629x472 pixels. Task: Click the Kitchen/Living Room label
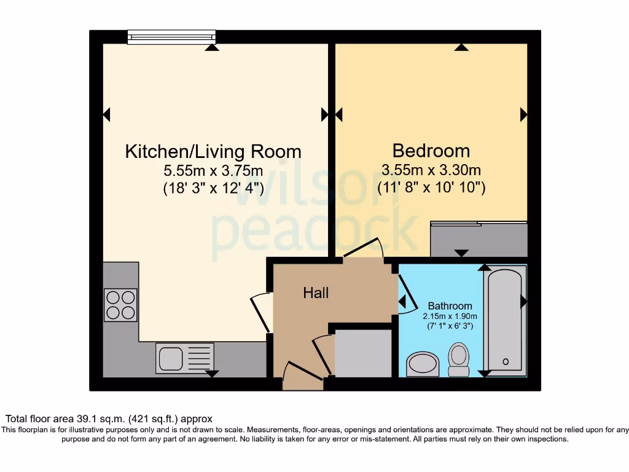tap(213, 151)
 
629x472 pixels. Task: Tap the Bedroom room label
tap(431, 151)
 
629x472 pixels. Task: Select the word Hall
tap(316, 293)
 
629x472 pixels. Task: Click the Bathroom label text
tap(450, 305)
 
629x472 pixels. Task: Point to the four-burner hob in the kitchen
tap(120, 305)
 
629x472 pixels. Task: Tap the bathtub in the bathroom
tap(505, 320)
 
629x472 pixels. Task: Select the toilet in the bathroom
tap(458, 360)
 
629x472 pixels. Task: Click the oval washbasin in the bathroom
tap(423, 364)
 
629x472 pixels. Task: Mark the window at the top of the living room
tap(171, 37)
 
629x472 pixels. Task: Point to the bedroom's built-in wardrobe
tap(479, 239)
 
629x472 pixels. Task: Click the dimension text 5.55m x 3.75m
tap(213, 170)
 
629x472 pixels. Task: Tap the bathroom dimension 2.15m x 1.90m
tap(450, 316)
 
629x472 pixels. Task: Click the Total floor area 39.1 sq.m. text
tap(109, 419)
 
